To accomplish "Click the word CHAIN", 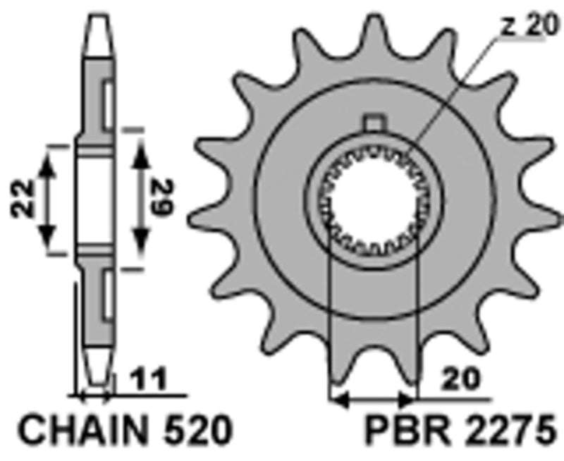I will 77,429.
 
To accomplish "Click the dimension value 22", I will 23,199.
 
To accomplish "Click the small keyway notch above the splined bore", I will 373,123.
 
